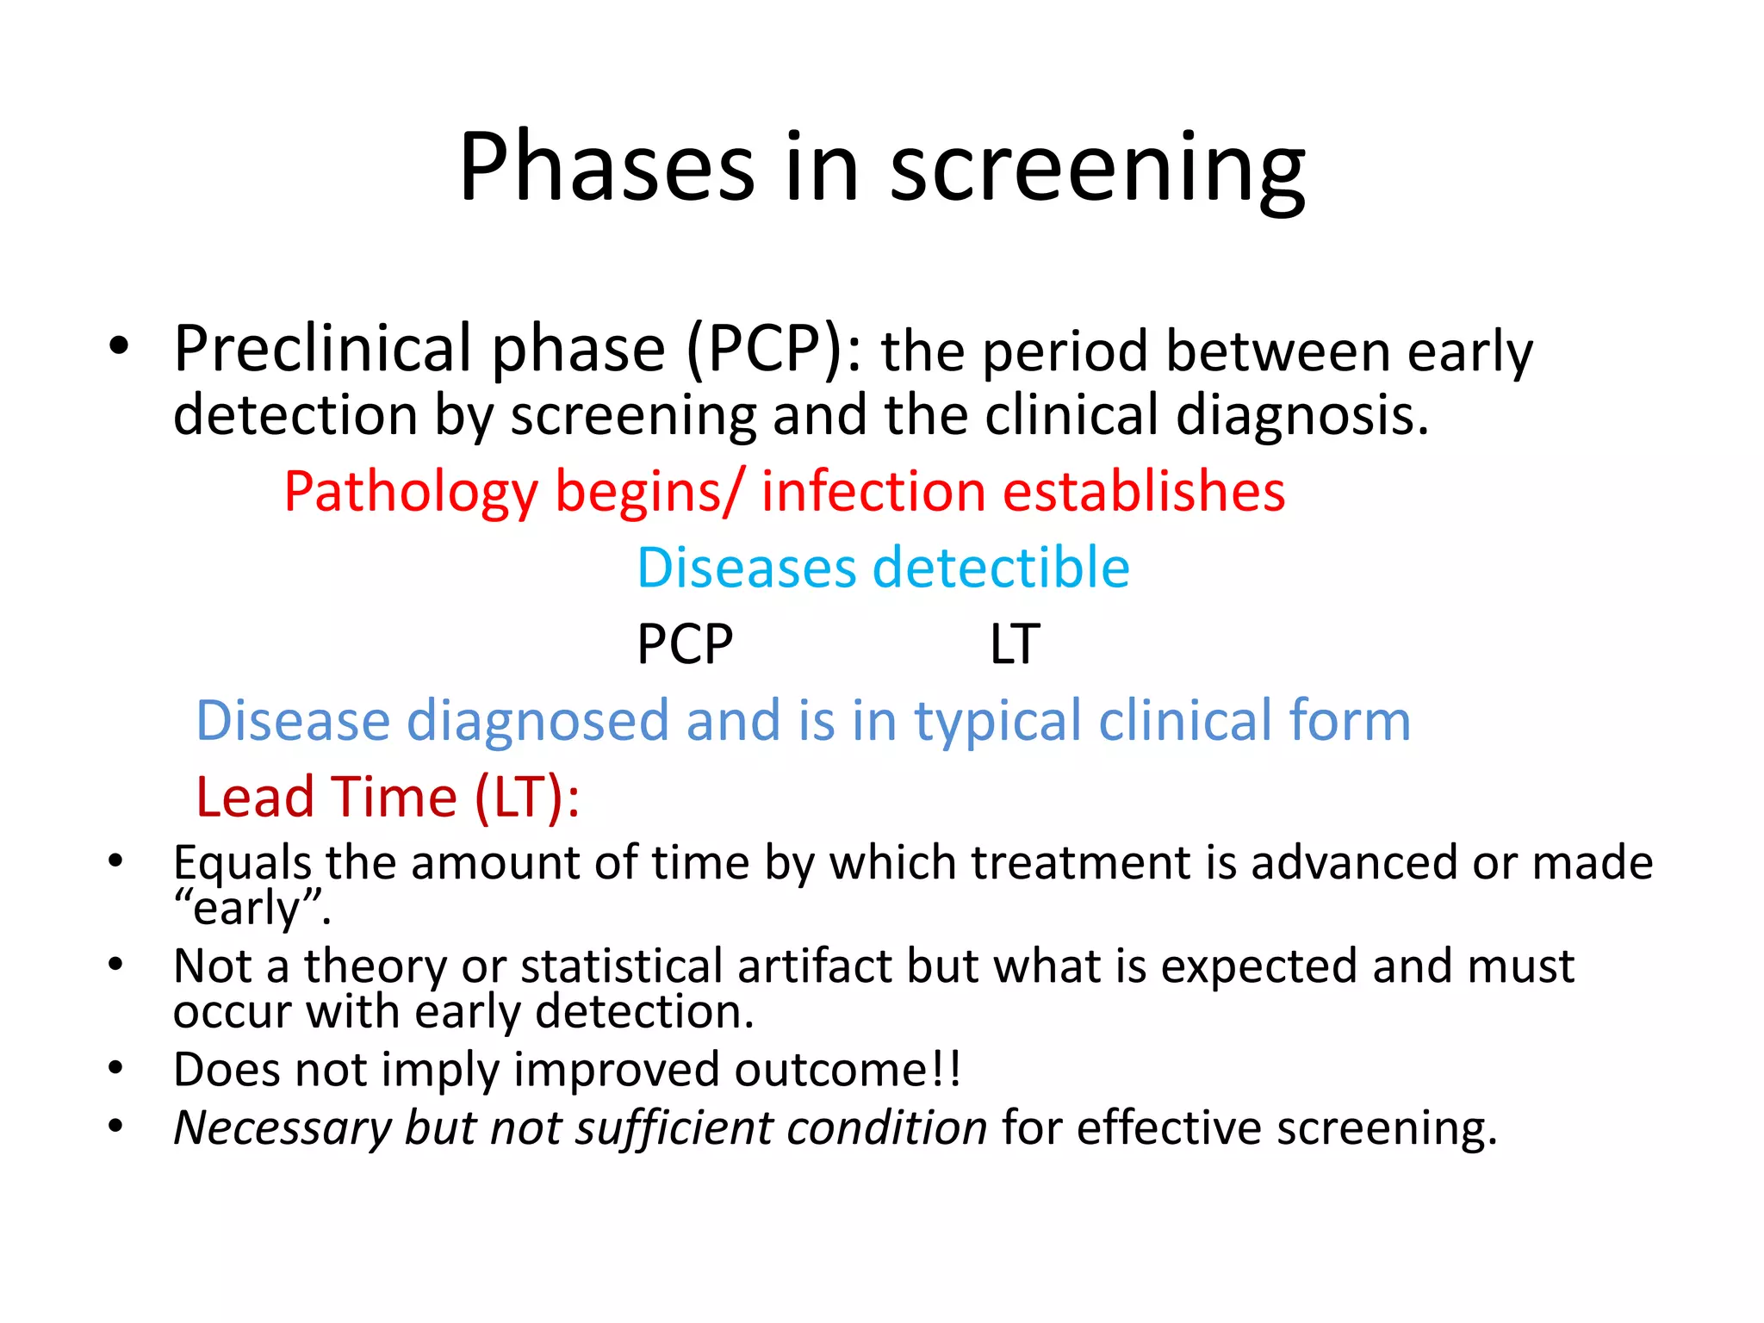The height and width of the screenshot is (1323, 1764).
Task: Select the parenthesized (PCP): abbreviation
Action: click(774, 350)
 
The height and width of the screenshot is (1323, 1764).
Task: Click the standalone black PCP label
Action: click(685, 644)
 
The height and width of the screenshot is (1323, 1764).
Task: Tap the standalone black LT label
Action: click(1015, 644)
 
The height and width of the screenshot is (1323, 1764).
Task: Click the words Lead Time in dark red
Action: click(327, 797)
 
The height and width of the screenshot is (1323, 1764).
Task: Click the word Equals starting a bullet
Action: click(242, 862)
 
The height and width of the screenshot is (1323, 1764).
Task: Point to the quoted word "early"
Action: click(252, 908)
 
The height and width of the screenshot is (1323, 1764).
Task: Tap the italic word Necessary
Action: click(283, 1127)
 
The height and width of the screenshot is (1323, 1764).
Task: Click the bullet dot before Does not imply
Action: click(117, 1069)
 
